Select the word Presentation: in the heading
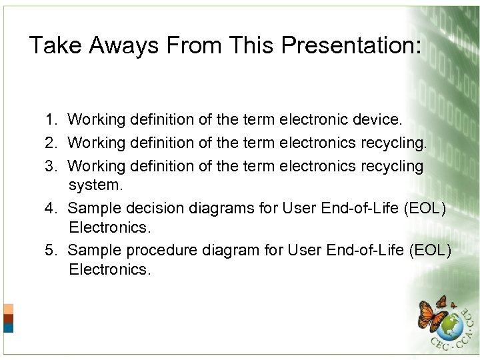click(351, 46)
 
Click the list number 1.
click(51, 120)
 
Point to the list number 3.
click(51, 166)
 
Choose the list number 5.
click(51, 250)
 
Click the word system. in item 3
click(96, 185)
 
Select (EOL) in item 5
click(429, 250)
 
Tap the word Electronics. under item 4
click(110, 227)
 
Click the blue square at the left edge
click(8, 328)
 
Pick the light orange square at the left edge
click(8, 309)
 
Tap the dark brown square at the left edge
click(8, 319)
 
